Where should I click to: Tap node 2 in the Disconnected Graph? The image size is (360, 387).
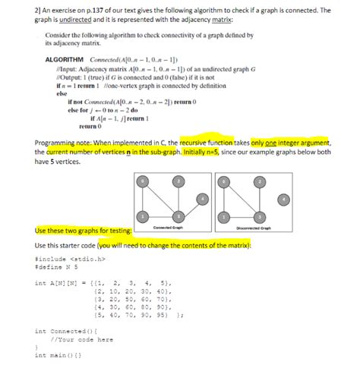261,183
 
